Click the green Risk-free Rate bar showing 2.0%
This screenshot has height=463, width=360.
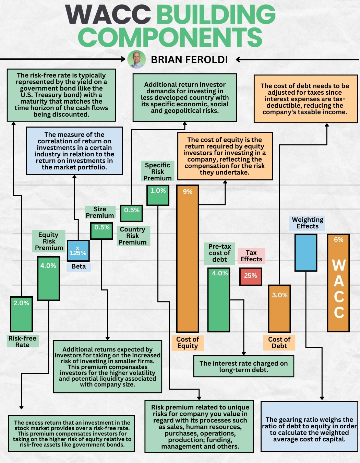pyautogui.click(x=21, y=314)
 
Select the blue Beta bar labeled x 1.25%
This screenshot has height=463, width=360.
pyautogui.click(x=78, y=251)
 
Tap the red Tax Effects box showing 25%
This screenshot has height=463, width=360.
pyautogui.click(x=251, y=276)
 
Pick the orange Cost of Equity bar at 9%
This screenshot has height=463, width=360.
pyautogui.click(x=188, y=259)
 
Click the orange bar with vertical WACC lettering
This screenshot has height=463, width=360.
pyautogui.click(x=338, y=283)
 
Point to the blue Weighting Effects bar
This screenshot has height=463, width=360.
pyautogui.click(x=306, y=253)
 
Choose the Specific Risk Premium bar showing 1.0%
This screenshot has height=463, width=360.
pyautogui.click(x=158, y=195)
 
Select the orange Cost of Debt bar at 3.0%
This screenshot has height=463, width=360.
pyautogui.click(x=279, y=309)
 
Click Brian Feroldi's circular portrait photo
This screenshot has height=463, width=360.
pyautogui.click(x=136, y=59)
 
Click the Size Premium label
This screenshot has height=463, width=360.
pyautogui.click(x=100, y=212)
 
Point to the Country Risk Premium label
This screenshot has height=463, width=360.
pyautogui.click(x=132, y=236)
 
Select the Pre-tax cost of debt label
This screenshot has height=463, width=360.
pyautogui.click(x=219, y=253)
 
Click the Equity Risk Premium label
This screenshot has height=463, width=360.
pyautogui.click(x=49, y=241)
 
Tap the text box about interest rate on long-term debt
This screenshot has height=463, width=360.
pyautogui.click(x=244, y=366)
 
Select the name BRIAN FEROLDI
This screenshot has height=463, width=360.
pyautogui.click(x=189, y=60)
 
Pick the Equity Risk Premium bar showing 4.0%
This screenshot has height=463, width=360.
pyautogui.click(x=48, y=278)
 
